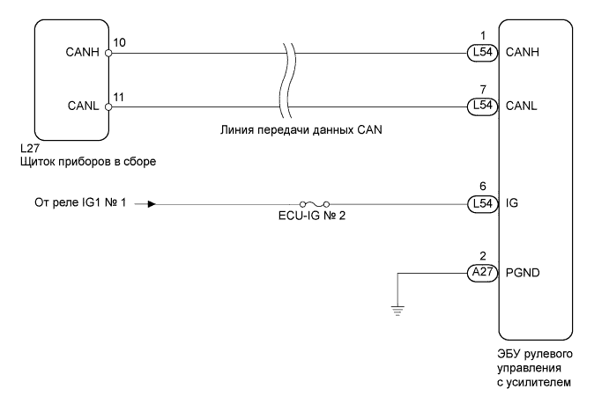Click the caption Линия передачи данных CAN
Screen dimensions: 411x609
tap(301, 130)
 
